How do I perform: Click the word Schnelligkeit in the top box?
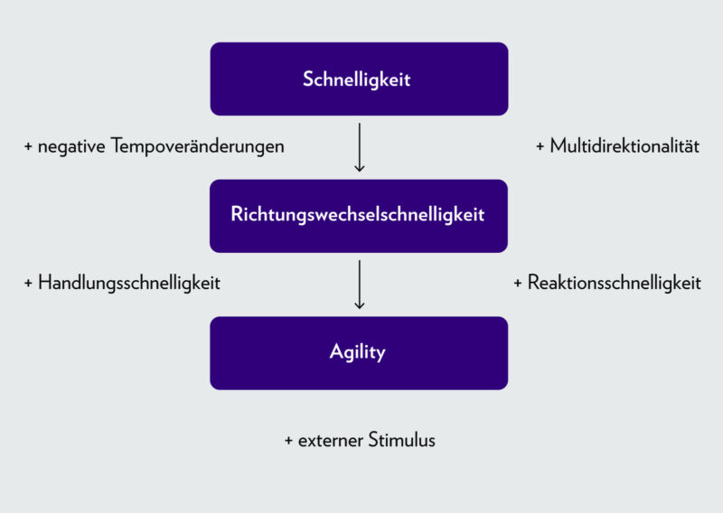point(357,79)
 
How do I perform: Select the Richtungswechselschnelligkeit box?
point(359,215)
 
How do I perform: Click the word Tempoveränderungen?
point(198,146)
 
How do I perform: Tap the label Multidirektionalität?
point(624,146)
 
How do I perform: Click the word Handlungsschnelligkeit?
point(129,283)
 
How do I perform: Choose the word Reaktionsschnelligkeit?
point(615,283)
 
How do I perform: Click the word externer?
point(331,441)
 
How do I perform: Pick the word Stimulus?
point(402,441)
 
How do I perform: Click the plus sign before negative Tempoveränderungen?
point(28,146)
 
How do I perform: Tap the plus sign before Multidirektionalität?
point(540,146)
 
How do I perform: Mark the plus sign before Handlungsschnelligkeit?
point(28,283)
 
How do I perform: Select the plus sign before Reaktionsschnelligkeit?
point(518,283)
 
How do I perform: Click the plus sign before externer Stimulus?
point(288,441)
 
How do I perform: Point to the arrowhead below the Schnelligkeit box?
point(359,167)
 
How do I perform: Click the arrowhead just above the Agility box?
point(359,304)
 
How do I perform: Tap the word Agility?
point(358,352)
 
